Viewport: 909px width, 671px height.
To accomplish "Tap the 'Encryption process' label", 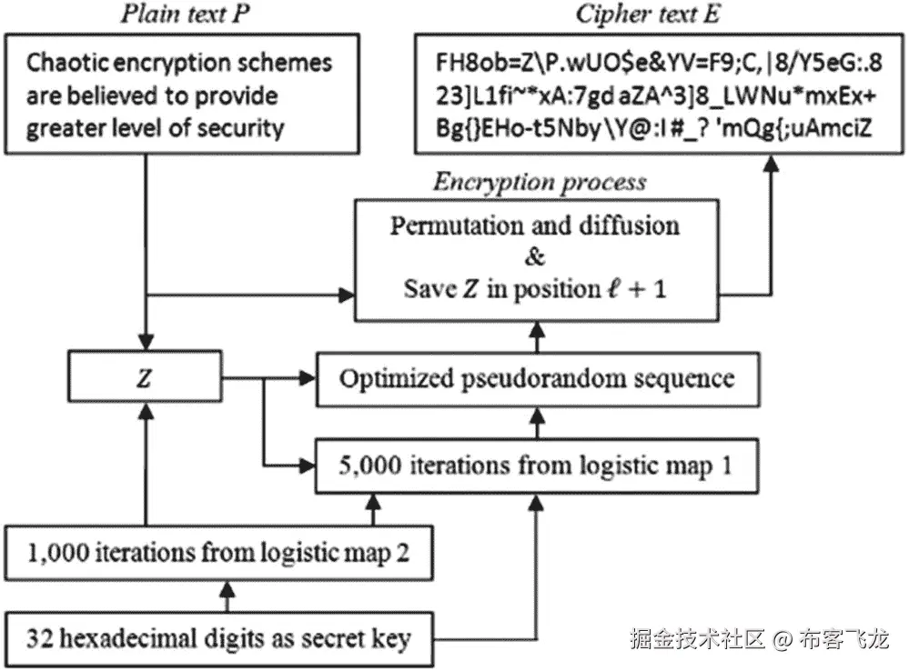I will point(540,182).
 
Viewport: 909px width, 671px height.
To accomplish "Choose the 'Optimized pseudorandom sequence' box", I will point(537,377).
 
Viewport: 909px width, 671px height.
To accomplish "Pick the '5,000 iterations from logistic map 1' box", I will point(537,466).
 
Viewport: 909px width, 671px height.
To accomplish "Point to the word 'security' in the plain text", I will point(238,128).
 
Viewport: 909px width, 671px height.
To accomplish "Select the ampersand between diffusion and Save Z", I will point(535,256).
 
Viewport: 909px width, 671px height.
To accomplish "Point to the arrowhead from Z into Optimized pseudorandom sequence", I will point(306,376).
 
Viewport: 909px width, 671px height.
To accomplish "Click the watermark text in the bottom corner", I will point(759,640).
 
